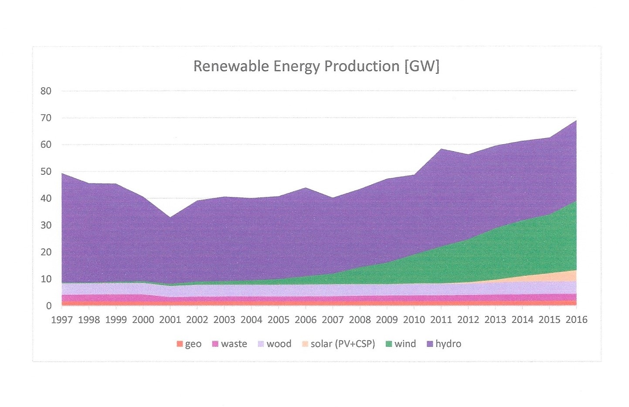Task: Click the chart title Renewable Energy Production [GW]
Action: (316, 66)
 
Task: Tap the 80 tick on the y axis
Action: (46, 91)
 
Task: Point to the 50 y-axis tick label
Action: (46, 172)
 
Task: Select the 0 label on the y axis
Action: (48, 306)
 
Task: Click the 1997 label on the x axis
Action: (62, 320)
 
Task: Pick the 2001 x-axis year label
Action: (170, 320)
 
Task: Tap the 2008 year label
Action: (360, 320)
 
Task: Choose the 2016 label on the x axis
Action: (576, 320)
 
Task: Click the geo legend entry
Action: (189, 344)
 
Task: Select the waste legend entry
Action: (229, 344)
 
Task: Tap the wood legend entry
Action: (274, 344)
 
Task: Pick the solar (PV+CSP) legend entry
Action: (338, 344)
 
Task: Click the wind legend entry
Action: (401, 344)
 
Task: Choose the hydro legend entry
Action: (444, 344)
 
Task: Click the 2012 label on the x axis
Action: (468, 320)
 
